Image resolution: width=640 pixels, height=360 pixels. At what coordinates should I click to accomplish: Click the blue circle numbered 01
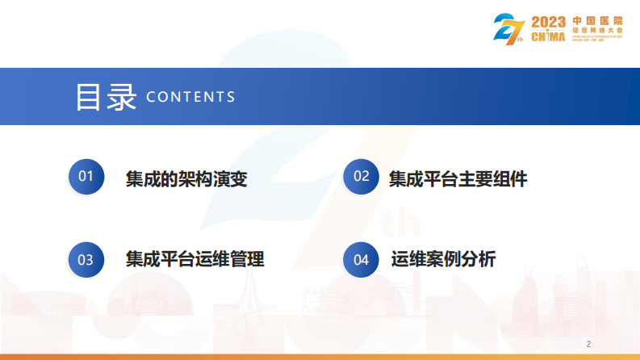tap(86, 178)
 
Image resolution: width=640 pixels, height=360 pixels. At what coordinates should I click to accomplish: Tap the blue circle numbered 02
tap(362, 178)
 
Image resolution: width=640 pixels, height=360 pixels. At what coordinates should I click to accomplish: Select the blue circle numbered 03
tap(86, 260)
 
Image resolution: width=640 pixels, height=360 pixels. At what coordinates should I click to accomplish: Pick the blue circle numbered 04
tap(362, 260)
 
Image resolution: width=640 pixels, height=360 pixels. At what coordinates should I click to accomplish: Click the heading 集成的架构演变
tap(186, 178)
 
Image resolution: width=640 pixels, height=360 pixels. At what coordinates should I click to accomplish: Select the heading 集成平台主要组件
tap(458, 178)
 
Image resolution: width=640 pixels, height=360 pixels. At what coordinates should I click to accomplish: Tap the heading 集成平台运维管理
tap(195, 260)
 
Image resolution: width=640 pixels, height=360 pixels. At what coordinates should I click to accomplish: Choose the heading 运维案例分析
tap(443, 260)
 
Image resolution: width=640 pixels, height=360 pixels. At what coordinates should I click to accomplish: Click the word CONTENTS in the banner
tap(191, 97)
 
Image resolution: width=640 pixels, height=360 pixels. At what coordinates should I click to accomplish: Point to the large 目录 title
tap(106, 96)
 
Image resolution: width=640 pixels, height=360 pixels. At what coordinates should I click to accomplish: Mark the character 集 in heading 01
tap(135, 178)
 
